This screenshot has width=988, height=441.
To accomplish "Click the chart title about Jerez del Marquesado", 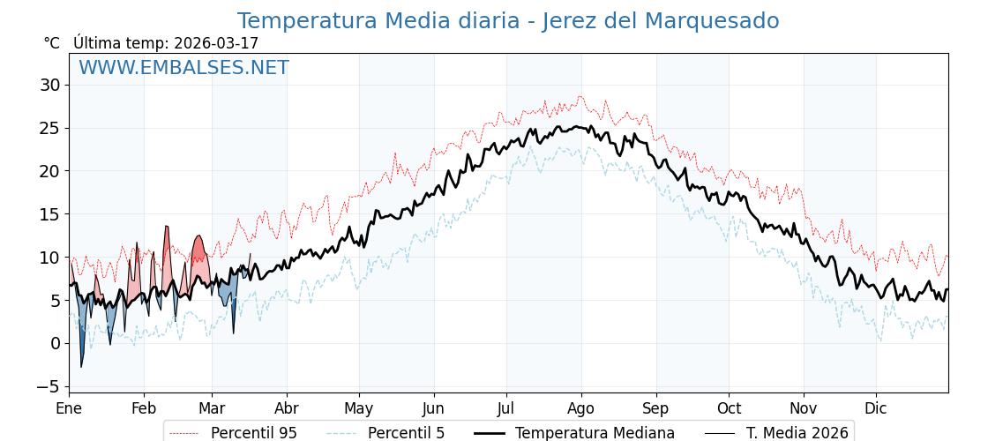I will (x=508, y=21).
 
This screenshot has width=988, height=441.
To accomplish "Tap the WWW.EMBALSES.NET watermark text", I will (x=183, y=68).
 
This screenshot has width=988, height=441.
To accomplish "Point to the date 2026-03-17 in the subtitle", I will (x=216, y=43).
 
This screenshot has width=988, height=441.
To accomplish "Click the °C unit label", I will (x=52, y=43).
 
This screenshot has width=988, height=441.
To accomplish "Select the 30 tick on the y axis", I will (x=49, y=85).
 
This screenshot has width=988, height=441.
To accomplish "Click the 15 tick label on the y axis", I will (x=49, y=214).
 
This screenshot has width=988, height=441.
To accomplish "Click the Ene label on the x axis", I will (x=69, y=408).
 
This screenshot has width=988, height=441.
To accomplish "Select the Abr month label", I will (x=287, y=408).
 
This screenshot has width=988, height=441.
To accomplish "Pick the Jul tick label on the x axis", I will (x=506, y=408).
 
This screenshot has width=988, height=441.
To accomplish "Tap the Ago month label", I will (x=581, y=408).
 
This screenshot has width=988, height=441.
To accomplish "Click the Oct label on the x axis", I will (x=729, y=408).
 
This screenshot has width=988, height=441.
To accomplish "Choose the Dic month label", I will (x=876, y=408).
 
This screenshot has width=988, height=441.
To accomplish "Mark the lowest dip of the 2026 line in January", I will (x=82, y=366).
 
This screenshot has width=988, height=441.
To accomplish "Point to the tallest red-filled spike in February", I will (x=166, y=227).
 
